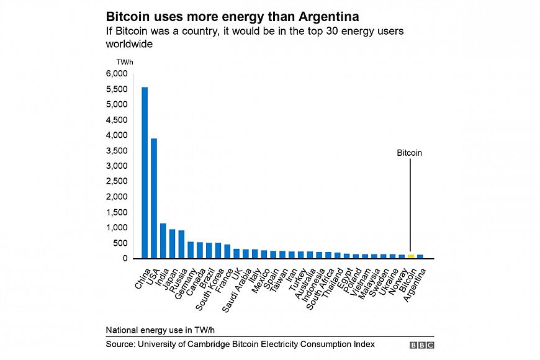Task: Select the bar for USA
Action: [154, 198]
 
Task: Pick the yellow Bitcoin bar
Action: [411, 256]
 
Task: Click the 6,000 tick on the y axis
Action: [116, 74]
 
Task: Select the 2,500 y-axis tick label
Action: [116, 181]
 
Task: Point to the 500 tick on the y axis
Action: [120, 243]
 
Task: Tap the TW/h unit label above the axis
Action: [125, 62]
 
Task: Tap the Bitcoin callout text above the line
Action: [410, 153]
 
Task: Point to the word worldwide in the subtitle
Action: [129, 45]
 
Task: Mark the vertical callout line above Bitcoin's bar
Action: [410, 205]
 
